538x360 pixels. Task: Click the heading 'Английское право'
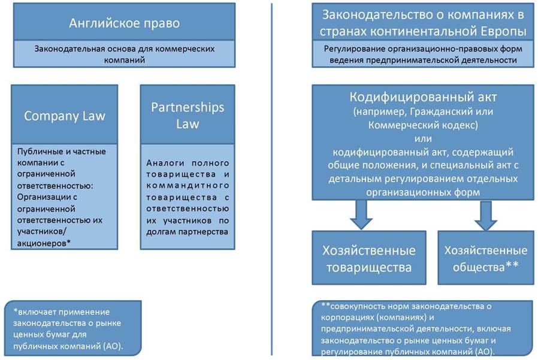point(124,23)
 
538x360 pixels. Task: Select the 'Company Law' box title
point(65,116)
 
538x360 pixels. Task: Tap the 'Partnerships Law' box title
point(188,116)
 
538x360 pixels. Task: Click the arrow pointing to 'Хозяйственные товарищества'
point(361,215)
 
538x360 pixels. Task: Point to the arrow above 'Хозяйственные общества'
point(486,216)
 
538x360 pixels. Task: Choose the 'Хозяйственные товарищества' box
point(369,258)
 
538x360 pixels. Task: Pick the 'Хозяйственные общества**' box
point(486,258)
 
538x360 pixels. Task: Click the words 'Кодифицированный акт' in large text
point(423,97)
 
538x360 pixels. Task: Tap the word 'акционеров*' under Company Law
point(44,243)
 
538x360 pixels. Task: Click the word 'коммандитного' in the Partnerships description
point(188,185)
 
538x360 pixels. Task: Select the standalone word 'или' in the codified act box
point(423,138)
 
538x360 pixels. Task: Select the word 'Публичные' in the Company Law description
point(36,152)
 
